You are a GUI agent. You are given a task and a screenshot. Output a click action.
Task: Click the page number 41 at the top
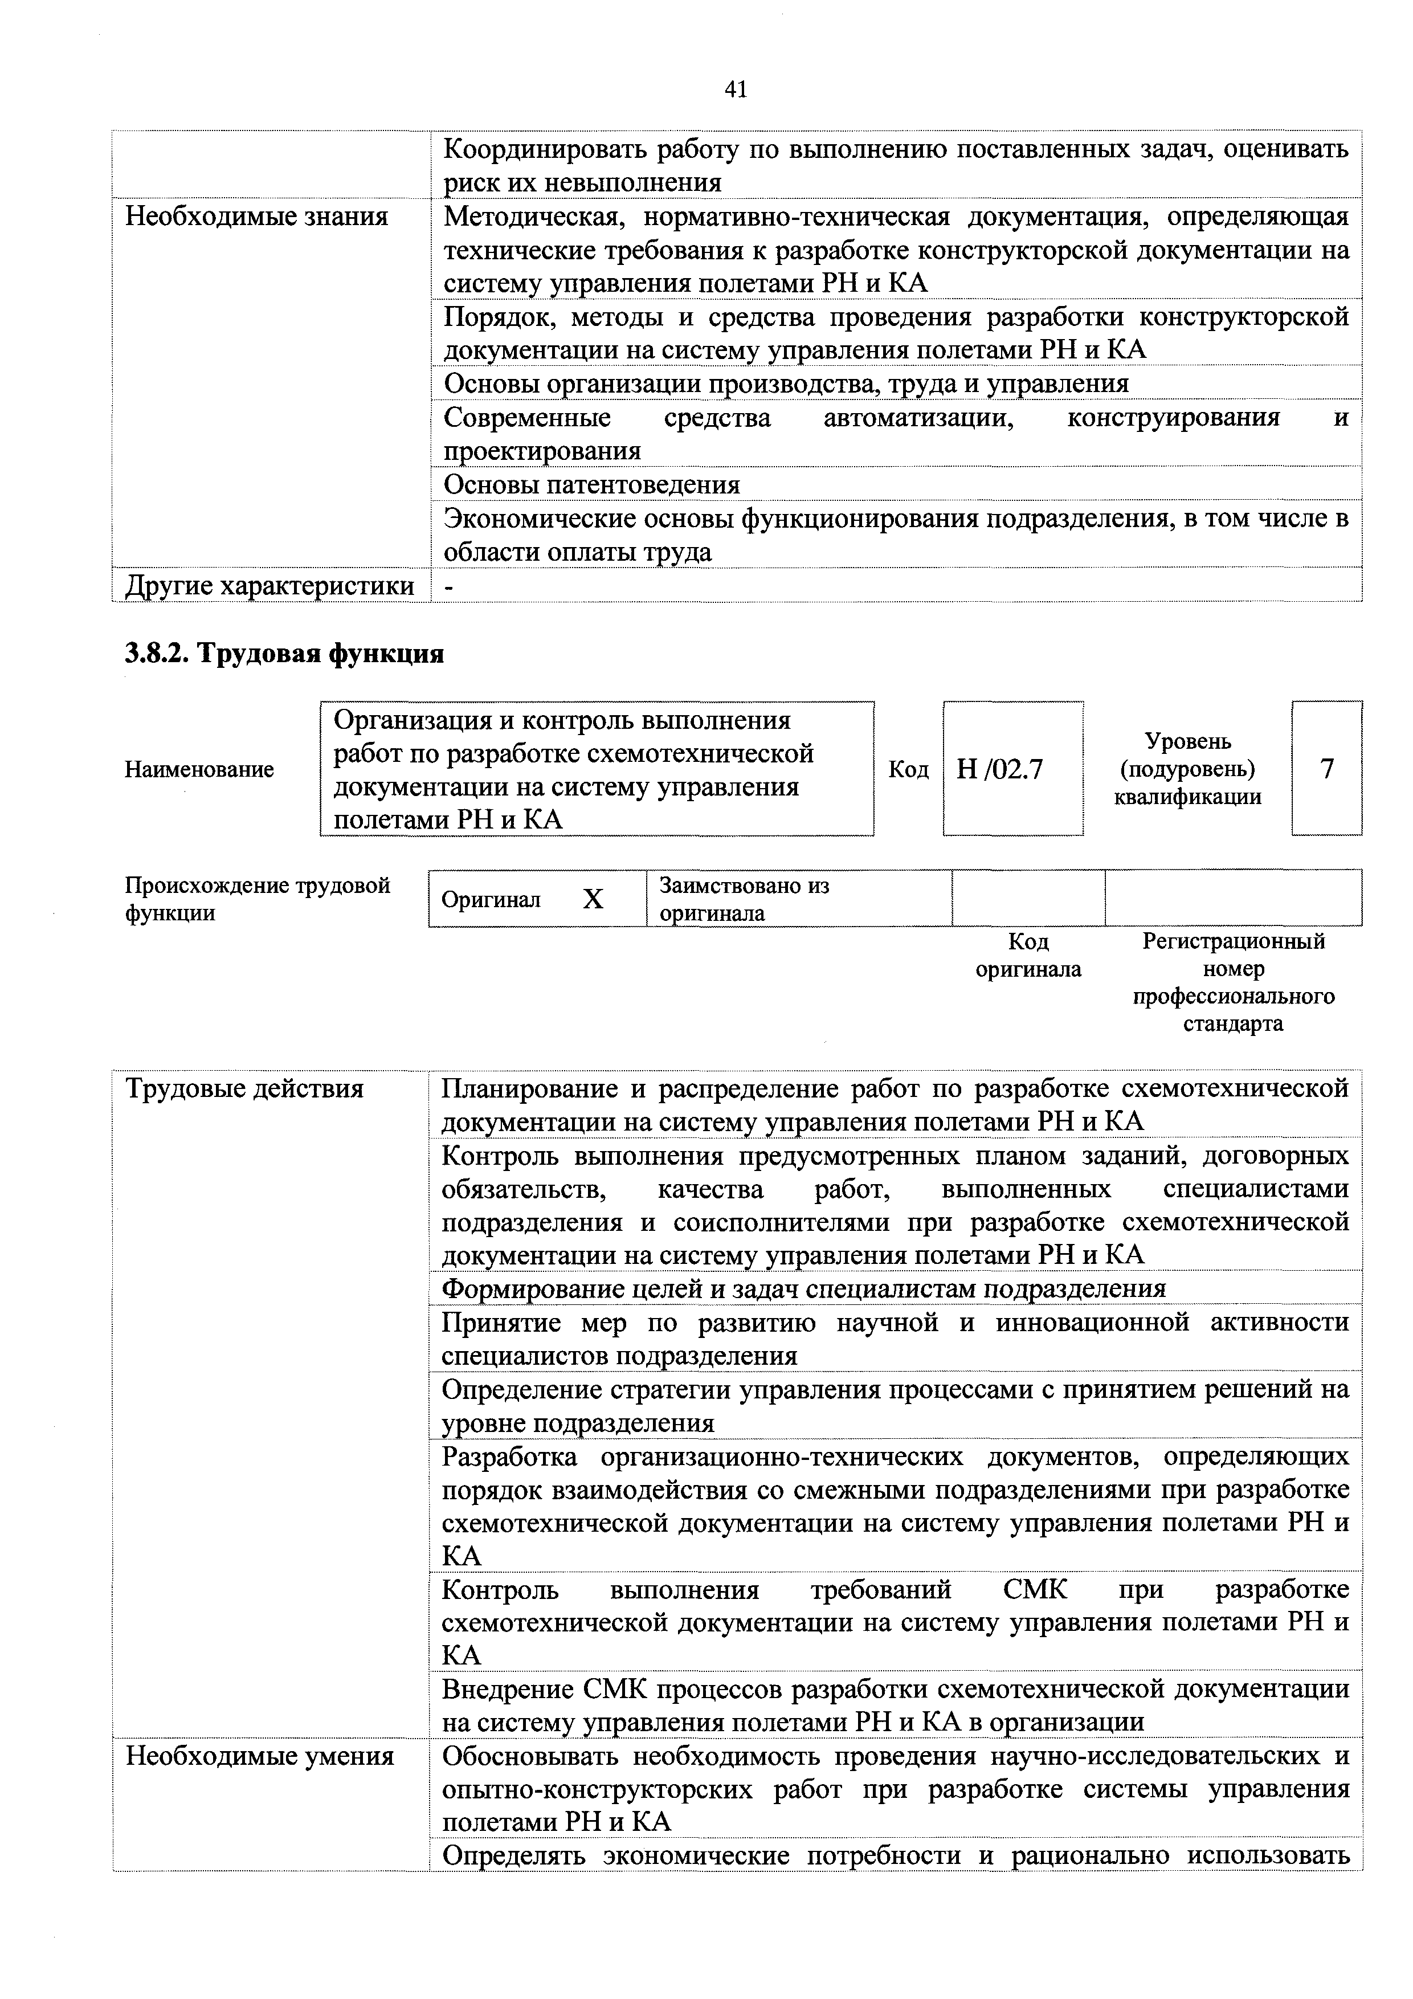point(735,89)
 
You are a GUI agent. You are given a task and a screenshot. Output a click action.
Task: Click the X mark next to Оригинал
point(593,899)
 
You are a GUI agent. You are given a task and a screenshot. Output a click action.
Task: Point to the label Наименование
point(199,770)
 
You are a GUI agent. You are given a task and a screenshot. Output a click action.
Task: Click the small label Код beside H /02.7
point(908,770)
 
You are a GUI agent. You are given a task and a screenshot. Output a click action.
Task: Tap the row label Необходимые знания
point(257,216)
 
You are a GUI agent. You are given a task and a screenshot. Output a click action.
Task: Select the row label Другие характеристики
point(270,586)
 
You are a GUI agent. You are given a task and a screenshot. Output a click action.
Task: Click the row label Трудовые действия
point(244,1088)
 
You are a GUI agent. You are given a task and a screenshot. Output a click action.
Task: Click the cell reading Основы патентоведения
point(592,484)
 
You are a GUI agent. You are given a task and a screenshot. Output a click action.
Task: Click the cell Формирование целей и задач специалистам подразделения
point(803,1288)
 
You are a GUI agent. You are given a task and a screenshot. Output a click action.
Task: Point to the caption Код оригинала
point(1028,955)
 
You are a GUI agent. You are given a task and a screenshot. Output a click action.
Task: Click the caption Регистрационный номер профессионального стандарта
point(1233,982)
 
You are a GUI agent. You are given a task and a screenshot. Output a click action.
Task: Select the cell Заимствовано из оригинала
point(744,899)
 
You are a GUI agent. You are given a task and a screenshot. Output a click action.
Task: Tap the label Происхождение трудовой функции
point(258,899)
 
